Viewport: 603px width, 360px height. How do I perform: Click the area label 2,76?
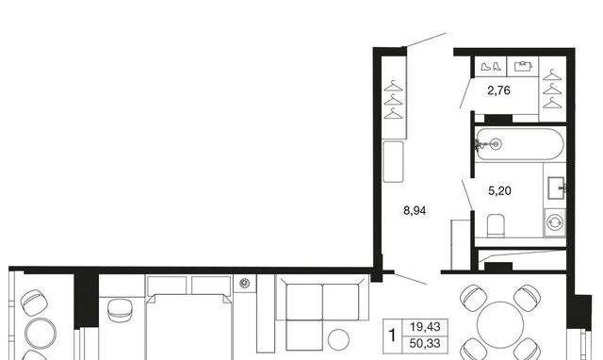pos(498,90)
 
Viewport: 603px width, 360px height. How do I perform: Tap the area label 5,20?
pos(499,190)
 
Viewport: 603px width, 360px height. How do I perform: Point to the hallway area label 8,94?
pos(415,211)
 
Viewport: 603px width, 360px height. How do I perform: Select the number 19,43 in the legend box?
pos(425,327)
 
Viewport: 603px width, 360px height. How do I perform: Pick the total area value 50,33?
pos(425,343)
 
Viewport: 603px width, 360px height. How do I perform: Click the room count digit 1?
pos(392,335)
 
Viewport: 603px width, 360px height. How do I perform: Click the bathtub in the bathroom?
pos(519,144)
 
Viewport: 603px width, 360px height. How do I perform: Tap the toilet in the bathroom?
pos(496,225)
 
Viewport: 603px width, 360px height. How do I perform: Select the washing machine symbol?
pos(555,222)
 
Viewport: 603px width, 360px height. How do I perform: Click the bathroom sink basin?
pos(556,188)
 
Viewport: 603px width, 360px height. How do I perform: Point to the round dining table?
pos(500,324)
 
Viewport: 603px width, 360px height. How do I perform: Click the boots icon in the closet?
pos(491,67)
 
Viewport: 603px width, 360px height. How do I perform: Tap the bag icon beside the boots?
pos(523,66)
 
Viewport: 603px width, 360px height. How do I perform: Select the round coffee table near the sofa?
pos(338,339)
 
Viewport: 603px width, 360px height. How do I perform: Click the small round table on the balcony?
pos(41,334)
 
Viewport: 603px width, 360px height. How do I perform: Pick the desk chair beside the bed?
pos(120,310)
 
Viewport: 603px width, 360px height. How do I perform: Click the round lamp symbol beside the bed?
pos(245,284)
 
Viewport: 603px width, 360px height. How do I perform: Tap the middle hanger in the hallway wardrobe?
pos(393,100)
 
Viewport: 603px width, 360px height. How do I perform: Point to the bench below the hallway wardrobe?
pos(393,161)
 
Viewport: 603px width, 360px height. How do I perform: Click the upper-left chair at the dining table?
pos(473,297)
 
